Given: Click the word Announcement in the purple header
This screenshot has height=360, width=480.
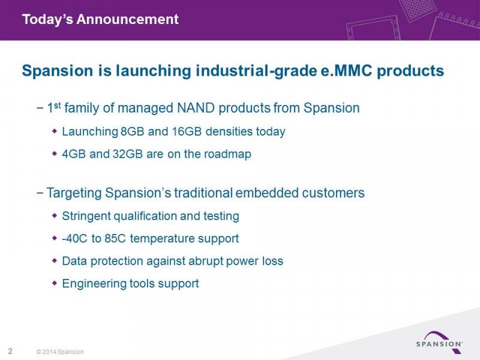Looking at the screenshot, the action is (127, 19).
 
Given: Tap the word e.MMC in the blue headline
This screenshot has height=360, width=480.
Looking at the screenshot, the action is (346, 71).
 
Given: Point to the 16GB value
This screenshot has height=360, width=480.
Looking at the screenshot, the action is (187, 131).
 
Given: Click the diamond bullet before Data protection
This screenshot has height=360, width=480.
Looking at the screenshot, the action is (55, 261).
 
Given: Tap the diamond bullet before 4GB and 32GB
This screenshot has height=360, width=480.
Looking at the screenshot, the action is (55, 154).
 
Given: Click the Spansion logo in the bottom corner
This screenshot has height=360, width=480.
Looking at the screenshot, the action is (439, 342).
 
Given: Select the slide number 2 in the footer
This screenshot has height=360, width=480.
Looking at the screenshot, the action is (10, 351).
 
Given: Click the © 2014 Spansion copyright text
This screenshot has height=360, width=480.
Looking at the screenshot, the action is (60, 352).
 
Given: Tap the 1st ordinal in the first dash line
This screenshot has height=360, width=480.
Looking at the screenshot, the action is (54, 108).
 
